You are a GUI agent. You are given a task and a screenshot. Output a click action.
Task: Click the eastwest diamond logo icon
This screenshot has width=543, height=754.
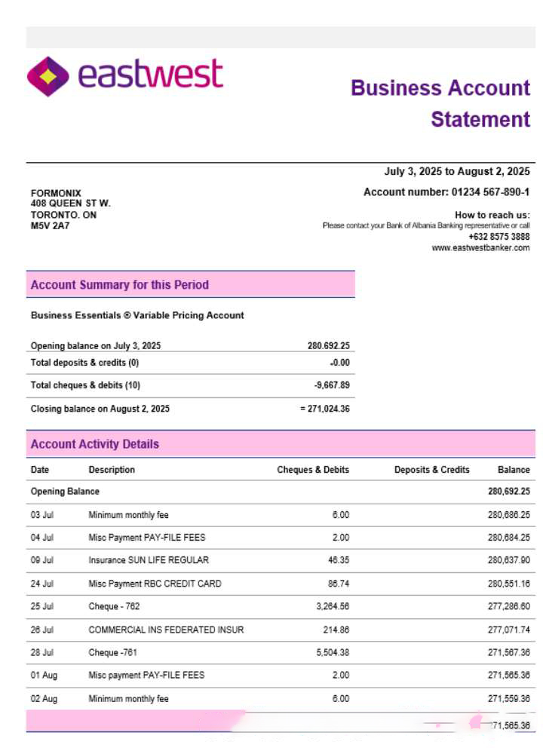(48, 76)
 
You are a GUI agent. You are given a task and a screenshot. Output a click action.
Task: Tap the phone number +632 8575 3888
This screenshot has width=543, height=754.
(499, 237)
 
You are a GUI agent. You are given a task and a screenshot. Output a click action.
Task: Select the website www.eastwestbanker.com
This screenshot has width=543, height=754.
(480, 248)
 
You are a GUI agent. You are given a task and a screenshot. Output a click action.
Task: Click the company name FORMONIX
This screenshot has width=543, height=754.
(56, 193)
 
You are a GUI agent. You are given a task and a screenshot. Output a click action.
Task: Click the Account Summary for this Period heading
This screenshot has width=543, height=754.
(119, 285)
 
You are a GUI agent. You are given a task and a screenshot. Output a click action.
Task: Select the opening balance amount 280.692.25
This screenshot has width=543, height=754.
(328, 346)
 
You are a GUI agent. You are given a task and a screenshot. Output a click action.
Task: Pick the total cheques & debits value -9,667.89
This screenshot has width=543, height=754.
(331, 385)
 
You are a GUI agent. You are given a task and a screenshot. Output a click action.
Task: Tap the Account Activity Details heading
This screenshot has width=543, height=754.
(95, 444)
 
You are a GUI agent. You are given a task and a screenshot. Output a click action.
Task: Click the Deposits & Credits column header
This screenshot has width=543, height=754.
(431, 470)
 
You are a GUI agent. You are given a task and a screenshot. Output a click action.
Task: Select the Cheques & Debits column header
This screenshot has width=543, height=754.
(313, 470)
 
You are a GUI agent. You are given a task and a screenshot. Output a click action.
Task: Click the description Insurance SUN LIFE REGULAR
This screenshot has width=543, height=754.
(149, 560)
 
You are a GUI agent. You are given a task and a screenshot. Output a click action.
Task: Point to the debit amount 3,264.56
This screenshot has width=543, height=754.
(333, 606)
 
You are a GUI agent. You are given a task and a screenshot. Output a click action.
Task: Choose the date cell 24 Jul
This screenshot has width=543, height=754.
(42, 584)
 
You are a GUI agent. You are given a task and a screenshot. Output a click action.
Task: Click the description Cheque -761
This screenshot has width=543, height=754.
(114, 652)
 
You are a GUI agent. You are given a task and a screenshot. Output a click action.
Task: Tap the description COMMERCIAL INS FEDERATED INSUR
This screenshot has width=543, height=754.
(166, 630)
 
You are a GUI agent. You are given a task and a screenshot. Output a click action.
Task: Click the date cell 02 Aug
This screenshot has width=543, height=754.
(44, 699)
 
